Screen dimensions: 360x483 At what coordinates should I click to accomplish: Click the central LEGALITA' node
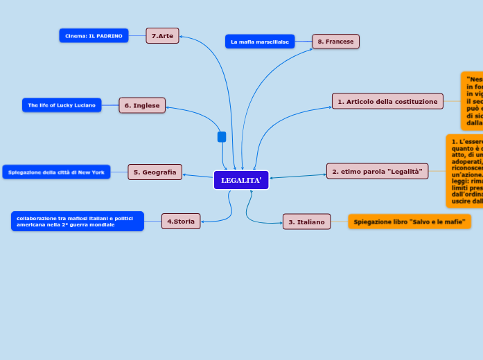241,181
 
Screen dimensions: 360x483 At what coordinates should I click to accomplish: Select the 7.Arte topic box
162,35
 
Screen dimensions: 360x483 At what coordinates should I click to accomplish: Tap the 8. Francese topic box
335,42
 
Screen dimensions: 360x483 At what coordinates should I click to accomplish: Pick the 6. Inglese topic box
142,105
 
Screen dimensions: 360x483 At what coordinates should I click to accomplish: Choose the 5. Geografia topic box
155,172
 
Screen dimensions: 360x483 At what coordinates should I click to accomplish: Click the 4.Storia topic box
181,221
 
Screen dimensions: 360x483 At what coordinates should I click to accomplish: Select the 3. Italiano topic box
306,222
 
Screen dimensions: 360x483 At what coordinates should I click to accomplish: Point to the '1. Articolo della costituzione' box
387,101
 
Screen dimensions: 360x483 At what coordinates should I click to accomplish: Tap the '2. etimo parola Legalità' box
377,171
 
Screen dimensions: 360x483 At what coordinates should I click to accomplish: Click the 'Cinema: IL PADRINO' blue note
94,35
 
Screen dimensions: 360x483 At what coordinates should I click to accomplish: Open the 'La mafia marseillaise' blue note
259,42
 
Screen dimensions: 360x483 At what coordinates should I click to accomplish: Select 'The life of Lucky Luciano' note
62,105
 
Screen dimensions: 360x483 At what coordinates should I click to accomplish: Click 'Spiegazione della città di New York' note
56,172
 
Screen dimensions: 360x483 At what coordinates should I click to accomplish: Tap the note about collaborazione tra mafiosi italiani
77,221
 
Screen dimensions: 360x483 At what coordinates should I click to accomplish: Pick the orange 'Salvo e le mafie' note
409,222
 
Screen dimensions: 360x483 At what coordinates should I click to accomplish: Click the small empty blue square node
222,137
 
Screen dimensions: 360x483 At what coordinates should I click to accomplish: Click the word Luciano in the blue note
85,105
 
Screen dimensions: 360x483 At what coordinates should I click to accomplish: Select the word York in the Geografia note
98,172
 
